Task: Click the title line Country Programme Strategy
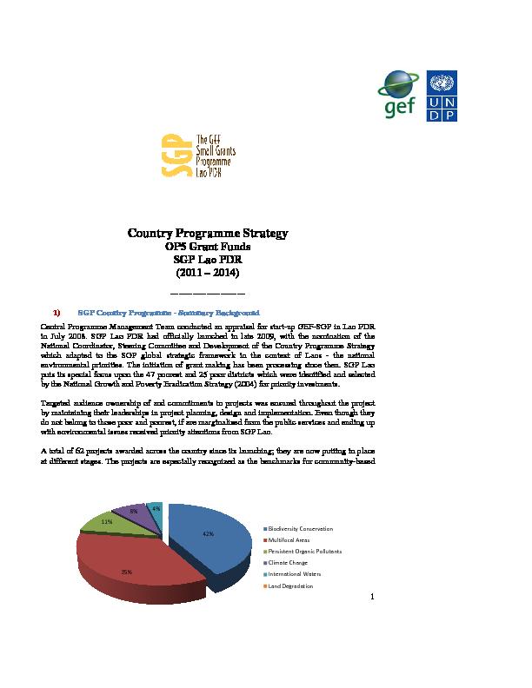208,234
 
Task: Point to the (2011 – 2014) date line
208,273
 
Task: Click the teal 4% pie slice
155,508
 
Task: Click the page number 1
372,597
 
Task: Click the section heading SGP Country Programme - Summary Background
170,309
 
